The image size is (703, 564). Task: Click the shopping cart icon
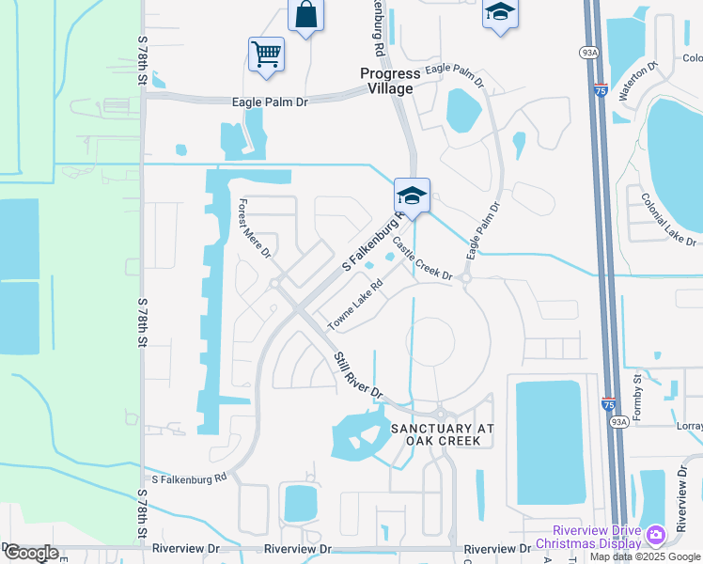(266, 55)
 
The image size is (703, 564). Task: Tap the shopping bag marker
(305, 15)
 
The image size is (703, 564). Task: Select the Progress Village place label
(387, 81)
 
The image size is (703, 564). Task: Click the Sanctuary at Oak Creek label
(442, 434)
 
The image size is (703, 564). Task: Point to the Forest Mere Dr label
(254, 227)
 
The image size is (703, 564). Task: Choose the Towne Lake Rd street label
(355, 305)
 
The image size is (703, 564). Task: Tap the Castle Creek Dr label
(423, 258)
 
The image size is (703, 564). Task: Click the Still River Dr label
(359, 372)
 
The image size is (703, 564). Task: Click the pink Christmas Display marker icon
(655, 536)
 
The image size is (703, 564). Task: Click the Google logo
(31, 553)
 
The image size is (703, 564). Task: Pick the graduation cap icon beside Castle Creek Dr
(412, 196)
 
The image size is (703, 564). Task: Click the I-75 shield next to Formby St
(608, 403)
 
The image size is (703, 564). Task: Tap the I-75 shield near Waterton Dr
(601, 91)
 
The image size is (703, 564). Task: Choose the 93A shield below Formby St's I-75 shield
(617, 422)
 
